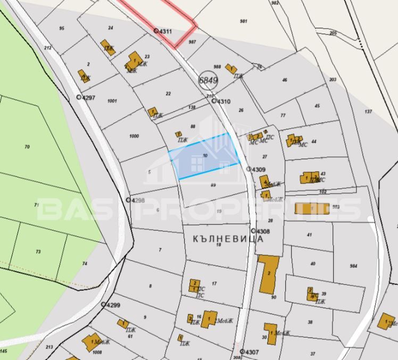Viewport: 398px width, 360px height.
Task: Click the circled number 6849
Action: [208, 81]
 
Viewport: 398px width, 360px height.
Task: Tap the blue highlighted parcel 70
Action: [205, 156]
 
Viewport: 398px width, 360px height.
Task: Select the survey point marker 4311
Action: [156, 31]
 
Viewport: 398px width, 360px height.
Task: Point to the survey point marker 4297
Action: [79, 97]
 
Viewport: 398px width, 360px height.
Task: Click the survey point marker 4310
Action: [214, 101]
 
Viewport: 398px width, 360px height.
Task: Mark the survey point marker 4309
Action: [248, 169]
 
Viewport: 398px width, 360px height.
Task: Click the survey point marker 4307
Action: [242, 351]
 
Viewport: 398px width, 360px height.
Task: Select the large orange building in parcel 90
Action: [269, 274]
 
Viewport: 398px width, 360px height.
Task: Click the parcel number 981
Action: [244, 21]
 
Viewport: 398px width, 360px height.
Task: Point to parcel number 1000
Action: [134, 136]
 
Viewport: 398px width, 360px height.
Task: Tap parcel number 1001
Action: [112, 101]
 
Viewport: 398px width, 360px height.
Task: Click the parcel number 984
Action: [354, 266]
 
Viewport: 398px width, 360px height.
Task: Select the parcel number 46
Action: [285, 80]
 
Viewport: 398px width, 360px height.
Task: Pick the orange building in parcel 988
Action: [231, 68]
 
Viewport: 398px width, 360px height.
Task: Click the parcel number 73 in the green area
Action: [38, 252]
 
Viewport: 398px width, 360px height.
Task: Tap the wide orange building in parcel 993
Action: [312, 208]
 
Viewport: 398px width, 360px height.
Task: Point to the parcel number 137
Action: [368, 112]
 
